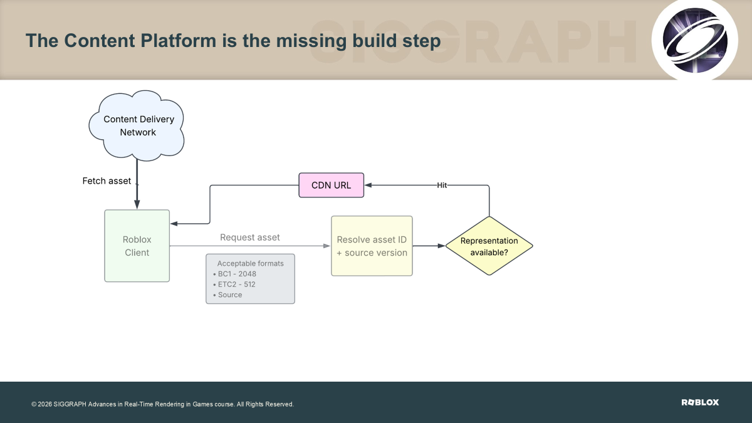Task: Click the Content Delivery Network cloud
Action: click(x=137, y=125)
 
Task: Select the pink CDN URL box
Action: click(x=332, y=185)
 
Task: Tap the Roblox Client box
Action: click(x=137, y=246)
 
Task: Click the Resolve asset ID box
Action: click(x=372, y=246)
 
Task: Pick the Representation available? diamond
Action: click(x=489, y=246)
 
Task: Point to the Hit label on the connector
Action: click(x=442, y=185)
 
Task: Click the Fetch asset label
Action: click(x=107, y=181)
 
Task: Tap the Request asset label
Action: click(x=250, y=238)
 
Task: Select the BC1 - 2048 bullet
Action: click(x=234, y=274)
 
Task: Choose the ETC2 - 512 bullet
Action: click(x=234, y=285)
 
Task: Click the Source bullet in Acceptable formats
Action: click(x=227, y=295)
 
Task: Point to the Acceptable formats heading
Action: click(x=251, y=264)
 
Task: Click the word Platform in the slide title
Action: click(x=179, y=41)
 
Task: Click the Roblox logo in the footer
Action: click(x=700, y=402)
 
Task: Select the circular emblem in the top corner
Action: click(x=694, y=40)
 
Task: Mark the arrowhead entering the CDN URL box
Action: click(x=368, y=185)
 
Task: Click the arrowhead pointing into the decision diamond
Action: click(x=441, y=246)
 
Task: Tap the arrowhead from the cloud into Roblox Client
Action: click(x=137, y=204)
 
